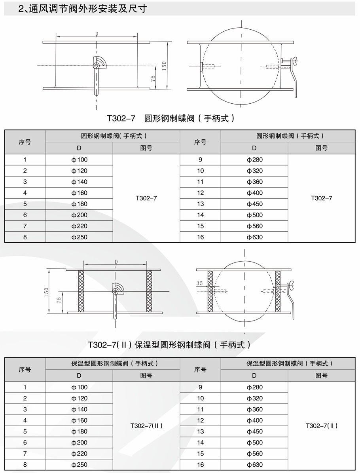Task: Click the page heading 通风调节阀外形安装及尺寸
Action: point(83,9)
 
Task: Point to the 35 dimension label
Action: point(199,283)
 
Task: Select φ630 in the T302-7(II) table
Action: point(254,465)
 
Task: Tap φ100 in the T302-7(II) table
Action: point(79,387)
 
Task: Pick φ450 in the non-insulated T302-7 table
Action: point(254,204)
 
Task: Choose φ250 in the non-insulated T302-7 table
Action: point(79,237)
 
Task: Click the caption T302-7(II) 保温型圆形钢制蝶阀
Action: point(170,344)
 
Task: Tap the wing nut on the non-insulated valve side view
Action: point(294,61)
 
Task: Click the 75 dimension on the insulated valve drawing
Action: point(59,300)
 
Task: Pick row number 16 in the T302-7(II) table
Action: point(200,465)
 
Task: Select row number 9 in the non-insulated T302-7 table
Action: point(200,160)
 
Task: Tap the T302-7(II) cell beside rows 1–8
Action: point(146,426)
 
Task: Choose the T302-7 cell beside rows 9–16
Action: point(322,198)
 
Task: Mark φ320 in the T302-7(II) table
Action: point(254,398)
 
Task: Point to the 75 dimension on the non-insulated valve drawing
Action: point(152,78)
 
